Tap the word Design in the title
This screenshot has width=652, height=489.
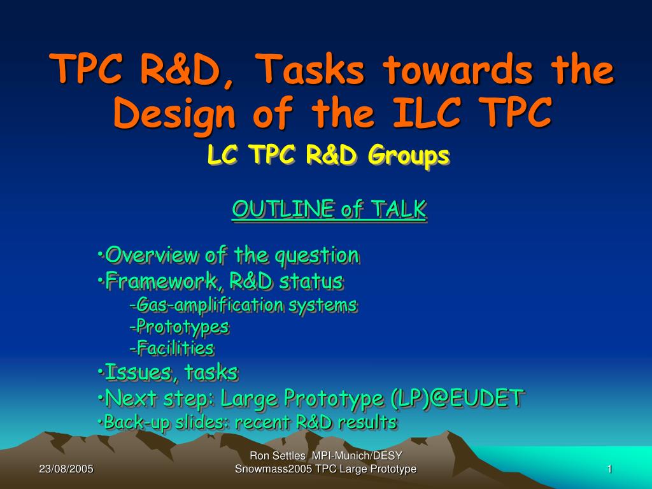[x=174, y=114]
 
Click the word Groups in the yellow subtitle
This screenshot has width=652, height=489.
[x=409, y=156]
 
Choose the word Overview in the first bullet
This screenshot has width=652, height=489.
[x=152, y=255]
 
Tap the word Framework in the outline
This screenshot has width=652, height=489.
[x=161, y=281]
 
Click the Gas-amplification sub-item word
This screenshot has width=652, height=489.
[x=210, y=305]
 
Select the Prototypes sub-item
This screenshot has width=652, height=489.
[x=179, y=327]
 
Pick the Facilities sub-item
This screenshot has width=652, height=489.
[x=172, y=348]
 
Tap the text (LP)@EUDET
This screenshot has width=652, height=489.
[x=457, y=398]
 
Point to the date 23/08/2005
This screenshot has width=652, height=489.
[x=66, y=469]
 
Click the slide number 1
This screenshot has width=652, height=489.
[x=609, y=469]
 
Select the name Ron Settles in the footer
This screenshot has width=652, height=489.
[x=278, y=456]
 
